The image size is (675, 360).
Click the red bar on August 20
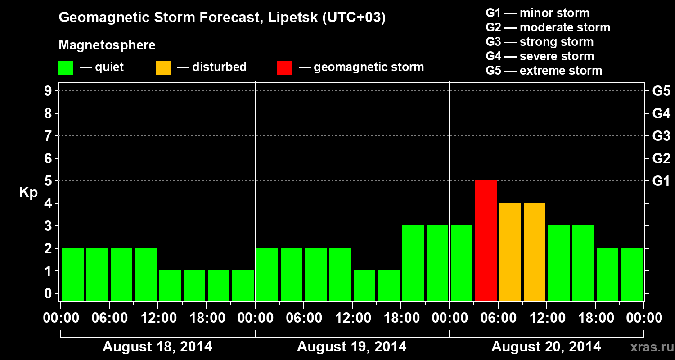[x=486, y=240]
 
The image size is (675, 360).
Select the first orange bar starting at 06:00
[x=510, y=252]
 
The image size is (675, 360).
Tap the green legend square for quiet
[x=66, y=68]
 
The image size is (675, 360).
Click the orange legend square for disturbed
[x=163, y=68]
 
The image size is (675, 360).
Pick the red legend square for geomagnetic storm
[x=285, y=68]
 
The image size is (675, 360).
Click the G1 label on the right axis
[x=661, y=181]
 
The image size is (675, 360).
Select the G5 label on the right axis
[x=661, y=91]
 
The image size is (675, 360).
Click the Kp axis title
[x=28, y=193]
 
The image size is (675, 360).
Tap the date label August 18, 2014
[x=157, y=347]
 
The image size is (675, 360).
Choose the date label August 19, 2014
[x=352, y=347]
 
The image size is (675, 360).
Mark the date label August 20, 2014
[x=546, y=347]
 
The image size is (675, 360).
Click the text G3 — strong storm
[x=540, y=42]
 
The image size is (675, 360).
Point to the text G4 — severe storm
[x=540, y=56]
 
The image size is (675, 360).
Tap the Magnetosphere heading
[x=107, y=45]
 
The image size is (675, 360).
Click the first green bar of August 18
[x=73, y=274]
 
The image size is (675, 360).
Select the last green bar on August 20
[x=632, y=274]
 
